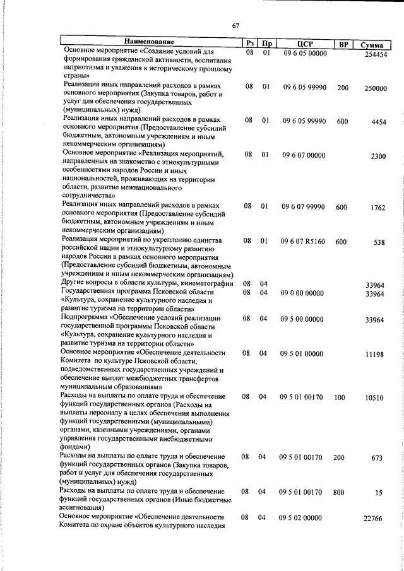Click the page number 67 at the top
coord(235,26)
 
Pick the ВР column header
coord(343,44)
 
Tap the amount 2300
coord(378,156)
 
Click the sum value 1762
coord(378,208)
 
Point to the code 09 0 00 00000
coord(302,293)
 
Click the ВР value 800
coord(340,492)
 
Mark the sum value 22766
coord(374,518)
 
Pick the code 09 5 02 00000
coord(301,517)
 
